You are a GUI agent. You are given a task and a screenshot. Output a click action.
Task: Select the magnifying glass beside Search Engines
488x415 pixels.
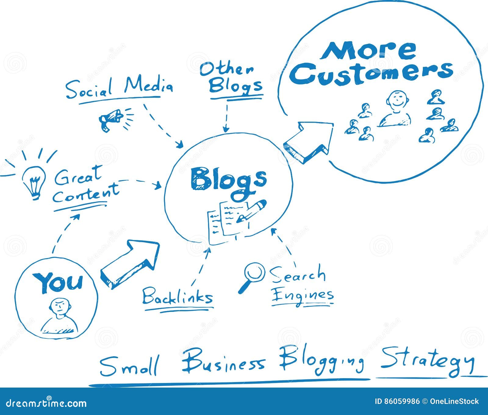[x=252, y=276]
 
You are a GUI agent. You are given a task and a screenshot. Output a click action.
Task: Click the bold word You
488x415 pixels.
[x=58, y=282]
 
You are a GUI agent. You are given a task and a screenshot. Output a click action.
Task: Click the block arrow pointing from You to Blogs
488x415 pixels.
[x=130, y=263]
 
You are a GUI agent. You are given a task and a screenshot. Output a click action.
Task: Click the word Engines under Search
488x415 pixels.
[x=302, y=295]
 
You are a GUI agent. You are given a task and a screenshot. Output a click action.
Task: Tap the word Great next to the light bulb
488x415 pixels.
[x=78, y=175]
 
